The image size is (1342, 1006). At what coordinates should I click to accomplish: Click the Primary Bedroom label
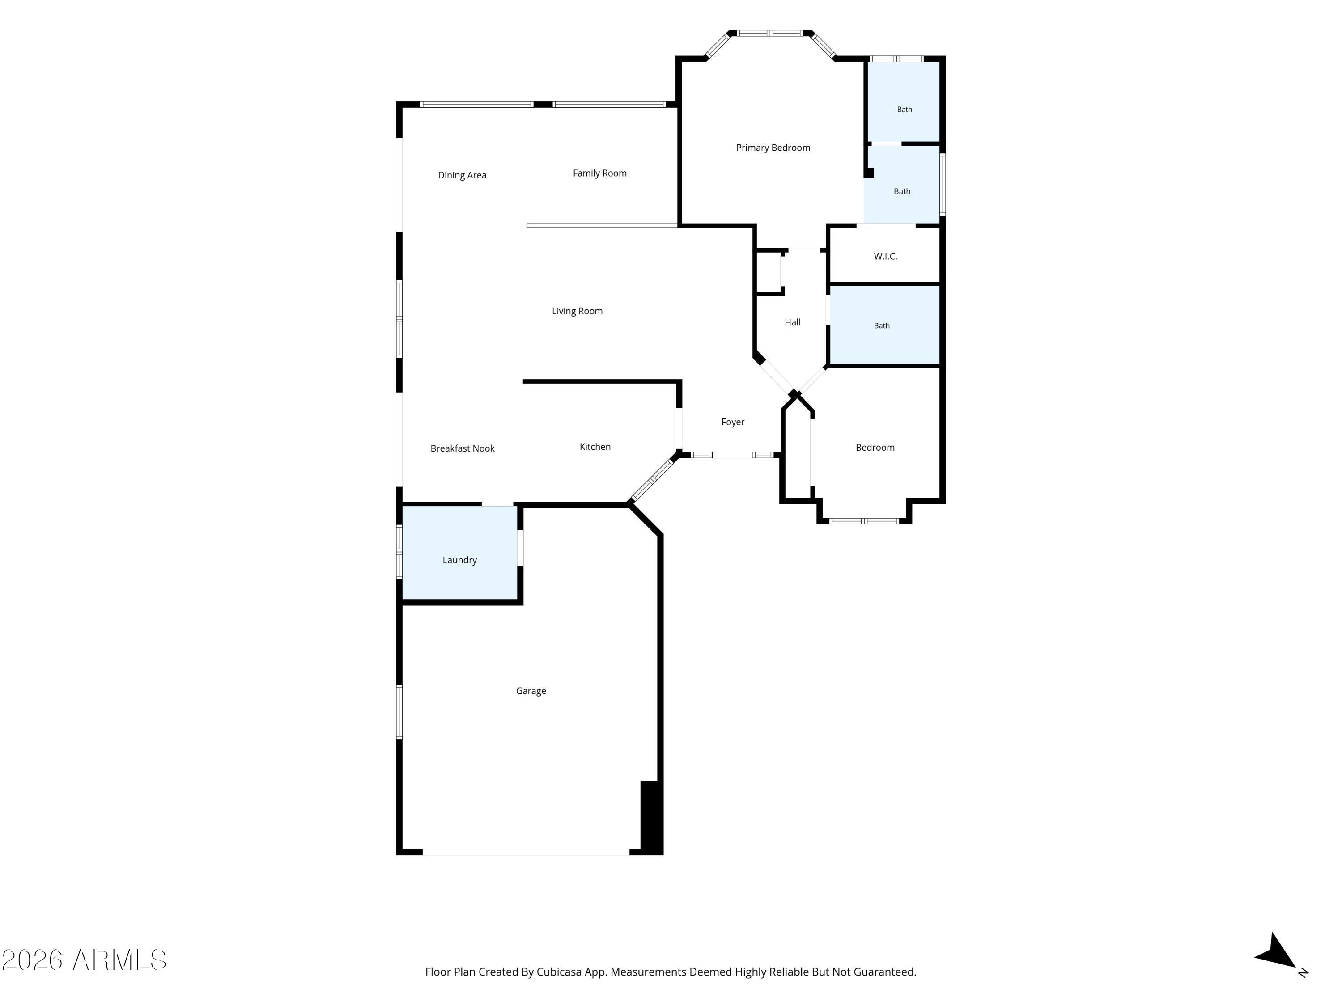[773, 148]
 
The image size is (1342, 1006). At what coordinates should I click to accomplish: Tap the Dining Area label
[462, 175]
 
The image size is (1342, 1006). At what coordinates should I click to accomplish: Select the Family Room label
[599, 173]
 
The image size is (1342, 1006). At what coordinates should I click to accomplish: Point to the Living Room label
[577, 311]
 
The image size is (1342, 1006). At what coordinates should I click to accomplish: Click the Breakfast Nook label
[462, 449]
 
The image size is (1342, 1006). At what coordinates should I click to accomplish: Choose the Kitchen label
[595, 447]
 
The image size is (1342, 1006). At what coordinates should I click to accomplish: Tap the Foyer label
[733, 422]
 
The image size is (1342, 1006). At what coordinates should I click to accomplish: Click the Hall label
[792, 323]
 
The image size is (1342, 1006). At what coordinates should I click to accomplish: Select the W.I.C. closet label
[885, 257]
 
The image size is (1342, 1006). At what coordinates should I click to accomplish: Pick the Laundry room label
[459, 560]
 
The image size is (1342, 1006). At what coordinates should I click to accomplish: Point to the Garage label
[531, 691]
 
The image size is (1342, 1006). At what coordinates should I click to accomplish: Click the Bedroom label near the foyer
[875, 448]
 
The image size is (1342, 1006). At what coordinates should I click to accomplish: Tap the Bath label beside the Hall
[882, 325]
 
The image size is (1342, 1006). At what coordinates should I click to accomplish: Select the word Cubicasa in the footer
[559, 972]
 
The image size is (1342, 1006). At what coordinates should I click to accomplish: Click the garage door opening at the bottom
[526, 852]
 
